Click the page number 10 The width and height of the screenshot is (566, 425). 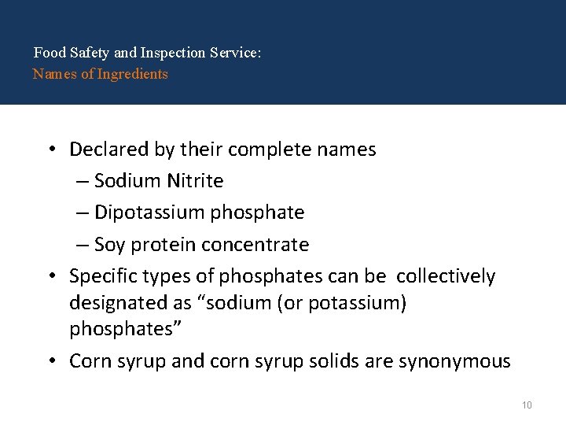(527, 405)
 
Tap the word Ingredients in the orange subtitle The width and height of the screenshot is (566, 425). (133, 74)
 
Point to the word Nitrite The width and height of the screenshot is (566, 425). (195, 181)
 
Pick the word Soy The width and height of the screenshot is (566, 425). (109, 245)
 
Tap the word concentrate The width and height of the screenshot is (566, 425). (255, 245)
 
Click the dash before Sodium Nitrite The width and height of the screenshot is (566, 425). (83, 182)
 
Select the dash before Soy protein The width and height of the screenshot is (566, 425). (83, 246)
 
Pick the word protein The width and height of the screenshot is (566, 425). (164, 246)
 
